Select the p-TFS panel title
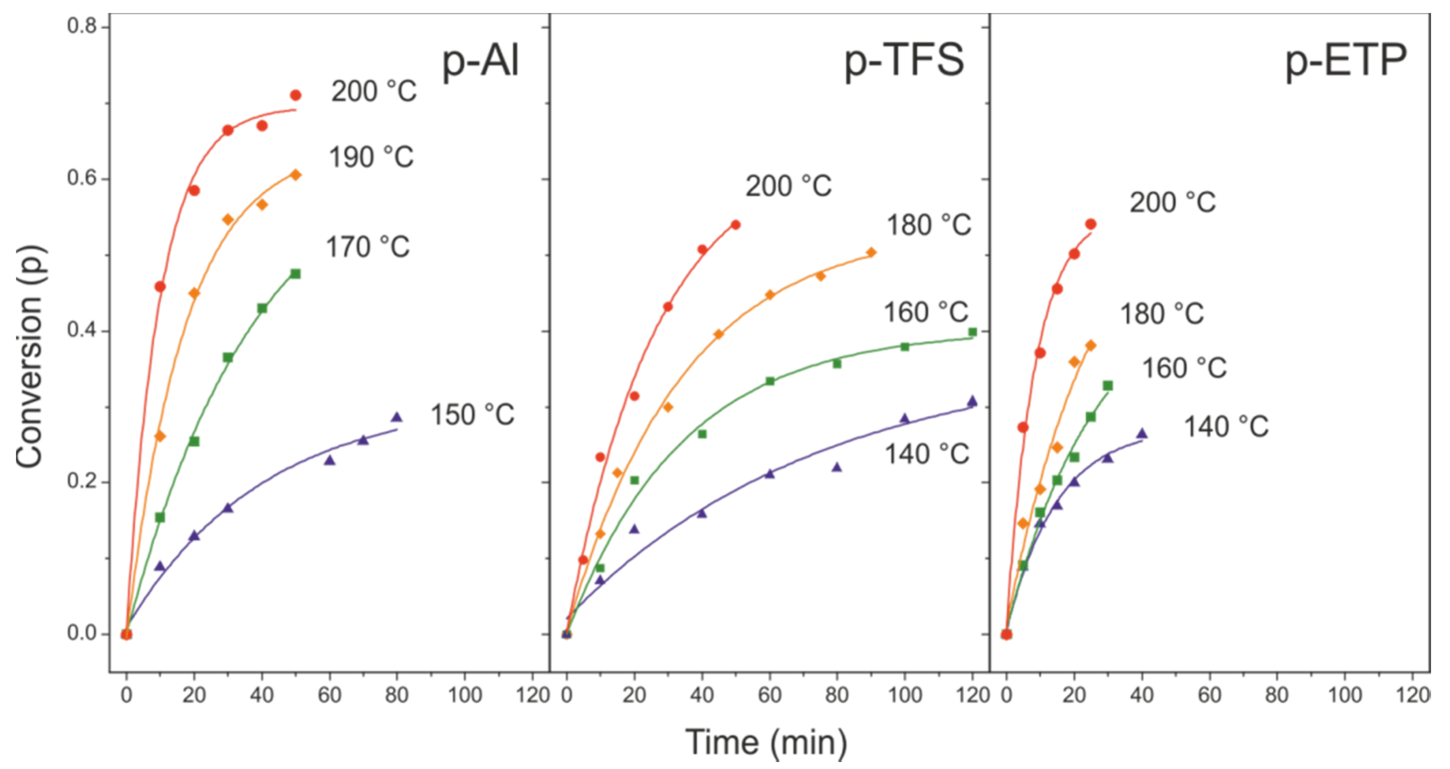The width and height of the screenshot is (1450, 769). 904,62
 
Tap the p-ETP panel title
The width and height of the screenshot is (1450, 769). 1345,62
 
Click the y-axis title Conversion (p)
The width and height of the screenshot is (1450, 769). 29,356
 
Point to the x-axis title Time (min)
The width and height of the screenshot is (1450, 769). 766,742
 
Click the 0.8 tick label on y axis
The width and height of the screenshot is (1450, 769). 82,26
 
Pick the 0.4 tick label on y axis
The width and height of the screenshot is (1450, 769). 82,330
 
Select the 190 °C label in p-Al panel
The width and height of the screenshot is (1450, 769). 371,158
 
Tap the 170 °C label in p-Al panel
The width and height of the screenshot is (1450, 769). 368,247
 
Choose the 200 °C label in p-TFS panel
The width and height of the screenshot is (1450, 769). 789,186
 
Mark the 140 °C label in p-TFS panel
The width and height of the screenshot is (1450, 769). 927,454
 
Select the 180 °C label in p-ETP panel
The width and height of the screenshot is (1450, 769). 1162,314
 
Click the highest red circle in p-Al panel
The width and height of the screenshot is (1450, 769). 295,95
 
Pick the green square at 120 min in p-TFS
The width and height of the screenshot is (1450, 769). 972,331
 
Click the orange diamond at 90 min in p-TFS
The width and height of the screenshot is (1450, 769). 871,252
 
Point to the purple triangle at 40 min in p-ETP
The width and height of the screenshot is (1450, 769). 1142,434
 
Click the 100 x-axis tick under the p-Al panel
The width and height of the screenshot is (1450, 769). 464,696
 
